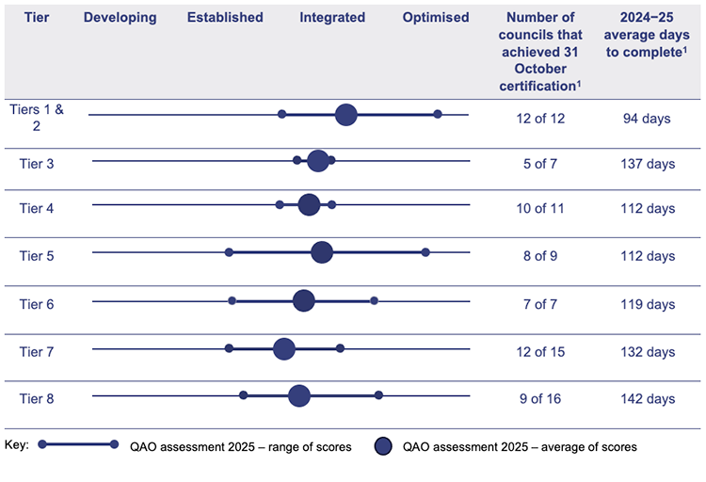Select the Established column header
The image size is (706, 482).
[225, 18]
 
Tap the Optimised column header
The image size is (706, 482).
[436, 18]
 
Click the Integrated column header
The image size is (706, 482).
[332, 18]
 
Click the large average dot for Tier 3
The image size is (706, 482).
[318, 161]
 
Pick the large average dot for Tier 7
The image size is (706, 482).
[283, 349]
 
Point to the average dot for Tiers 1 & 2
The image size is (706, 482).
[346, 115]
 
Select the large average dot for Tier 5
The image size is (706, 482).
[322, 252]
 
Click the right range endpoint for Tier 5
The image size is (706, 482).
[425, 252]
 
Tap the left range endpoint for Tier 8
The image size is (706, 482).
[243, 395]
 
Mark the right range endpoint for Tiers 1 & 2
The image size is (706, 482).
[438, 114]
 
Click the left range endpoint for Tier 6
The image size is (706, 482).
[232, 300]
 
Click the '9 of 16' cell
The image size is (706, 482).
[541, 399]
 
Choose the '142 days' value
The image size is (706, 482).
[649, 399]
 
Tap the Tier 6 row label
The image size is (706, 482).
[37, 304]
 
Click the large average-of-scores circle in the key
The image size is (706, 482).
[383, 445]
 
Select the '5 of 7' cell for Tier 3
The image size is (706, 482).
[541, 164]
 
